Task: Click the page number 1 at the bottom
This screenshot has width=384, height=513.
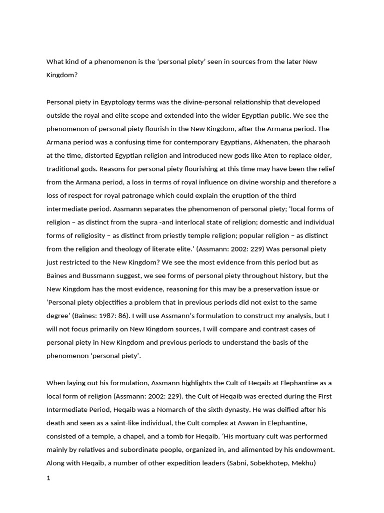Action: [x=48, y=478]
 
